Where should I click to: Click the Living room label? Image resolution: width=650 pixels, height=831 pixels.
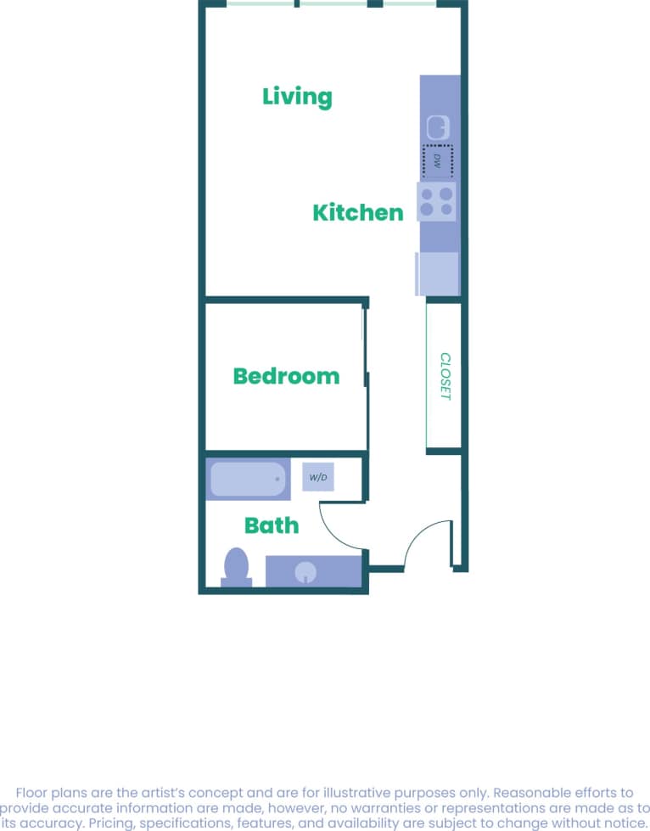tap(297, 96)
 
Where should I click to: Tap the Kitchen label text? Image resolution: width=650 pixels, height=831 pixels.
tap(357, 212)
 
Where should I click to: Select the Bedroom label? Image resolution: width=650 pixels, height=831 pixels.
tap(286, 376)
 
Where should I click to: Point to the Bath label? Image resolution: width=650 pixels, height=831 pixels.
tap(272, 525)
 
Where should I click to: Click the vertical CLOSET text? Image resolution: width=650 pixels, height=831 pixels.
tap(445, 376)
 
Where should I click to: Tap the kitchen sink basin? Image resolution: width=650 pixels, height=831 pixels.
tap(438, 127)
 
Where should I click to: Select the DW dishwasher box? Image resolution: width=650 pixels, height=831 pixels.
tap(438, 159)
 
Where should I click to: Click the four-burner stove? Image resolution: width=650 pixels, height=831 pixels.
tap(436, 201)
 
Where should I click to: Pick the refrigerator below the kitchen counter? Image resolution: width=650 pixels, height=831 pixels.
tap(437, 273)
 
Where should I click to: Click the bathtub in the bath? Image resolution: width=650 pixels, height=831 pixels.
tap(248, 480)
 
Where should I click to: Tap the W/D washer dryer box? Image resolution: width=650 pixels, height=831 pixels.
tap(318, 478)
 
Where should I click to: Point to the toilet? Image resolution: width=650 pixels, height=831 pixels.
tap(236, 566)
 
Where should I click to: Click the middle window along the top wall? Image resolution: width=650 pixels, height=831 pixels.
tap(333, 4)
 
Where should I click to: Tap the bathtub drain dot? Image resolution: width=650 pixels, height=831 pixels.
tap(277, 479)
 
